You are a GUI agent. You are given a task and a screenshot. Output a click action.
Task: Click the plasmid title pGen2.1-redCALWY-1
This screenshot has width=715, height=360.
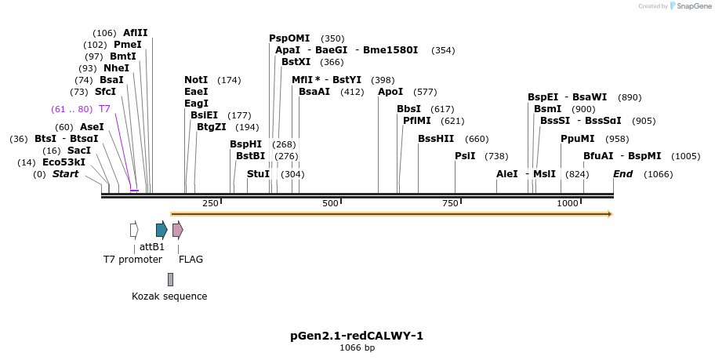coord(357,336)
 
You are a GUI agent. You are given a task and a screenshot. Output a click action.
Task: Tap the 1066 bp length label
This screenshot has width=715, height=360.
coord(357,347)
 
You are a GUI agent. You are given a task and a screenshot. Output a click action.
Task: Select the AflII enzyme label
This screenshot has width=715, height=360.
coord(135,33)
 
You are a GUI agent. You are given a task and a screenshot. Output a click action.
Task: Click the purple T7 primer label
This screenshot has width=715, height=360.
coord(104,108)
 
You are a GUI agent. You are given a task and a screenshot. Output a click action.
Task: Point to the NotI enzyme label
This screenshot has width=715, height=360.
coord(196,80)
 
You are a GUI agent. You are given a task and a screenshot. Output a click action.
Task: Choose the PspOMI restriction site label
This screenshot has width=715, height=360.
coord(289,38)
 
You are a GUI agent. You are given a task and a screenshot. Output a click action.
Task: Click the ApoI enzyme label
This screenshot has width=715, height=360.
coord(390,92)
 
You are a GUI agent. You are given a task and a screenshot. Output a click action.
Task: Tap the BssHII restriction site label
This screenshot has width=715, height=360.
coord(436,139)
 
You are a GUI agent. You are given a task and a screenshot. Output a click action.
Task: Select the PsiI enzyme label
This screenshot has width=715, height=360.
coord(465,156)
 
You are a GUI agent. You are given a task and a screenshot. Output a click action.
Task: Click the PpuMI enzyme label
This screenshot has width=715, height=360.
coord(578,139)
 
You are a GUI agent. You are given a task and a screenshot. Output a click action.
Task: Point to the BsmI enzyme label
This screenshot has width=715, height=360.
coord(548,109)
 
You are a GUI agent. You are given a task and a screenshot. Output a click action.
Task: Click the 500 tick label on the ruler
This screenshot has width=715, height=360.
coord(330,204)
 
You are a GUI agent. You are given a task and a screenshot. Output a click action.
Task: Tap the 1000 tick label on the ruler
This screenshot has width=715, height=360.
coord(568,204)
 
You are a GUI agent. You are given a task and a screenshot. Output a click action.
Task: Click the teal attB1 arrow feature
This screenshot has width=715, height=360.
coord(161,230)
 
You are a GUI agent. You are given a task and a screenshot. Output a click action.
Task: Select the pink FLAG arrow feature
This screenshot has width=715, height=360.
coord(177,230)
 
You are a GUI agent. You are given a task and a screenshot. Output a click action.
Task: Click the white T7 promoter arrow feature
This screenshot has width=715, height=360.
coord(134,230)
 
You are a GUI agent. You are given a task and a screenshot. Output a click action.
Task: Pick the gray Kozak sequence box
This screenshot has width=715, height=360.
coord(170,279)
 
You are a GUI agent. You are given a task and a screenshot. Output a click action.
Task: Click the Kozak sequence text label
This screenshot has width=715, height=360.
coord(169,296)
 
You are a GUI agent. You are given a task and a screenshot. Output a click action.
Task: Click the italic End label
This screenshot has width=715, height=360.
coord(622,174)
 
